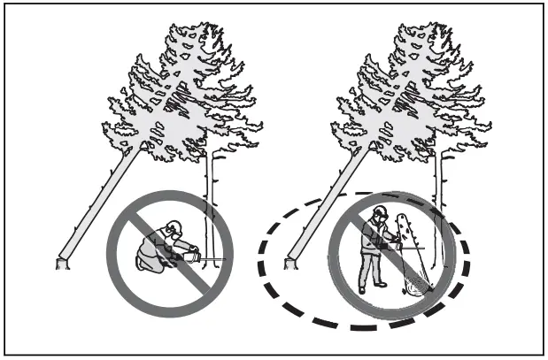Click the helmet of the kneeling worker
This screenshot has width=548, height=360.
click(173, 227)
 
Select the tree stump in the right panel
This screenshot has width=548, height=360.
click(290, 262)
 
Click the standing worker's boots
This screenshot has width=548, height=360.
click(371, 288)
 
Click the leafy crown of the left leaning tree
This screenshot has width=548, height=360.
click(177, 97)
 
